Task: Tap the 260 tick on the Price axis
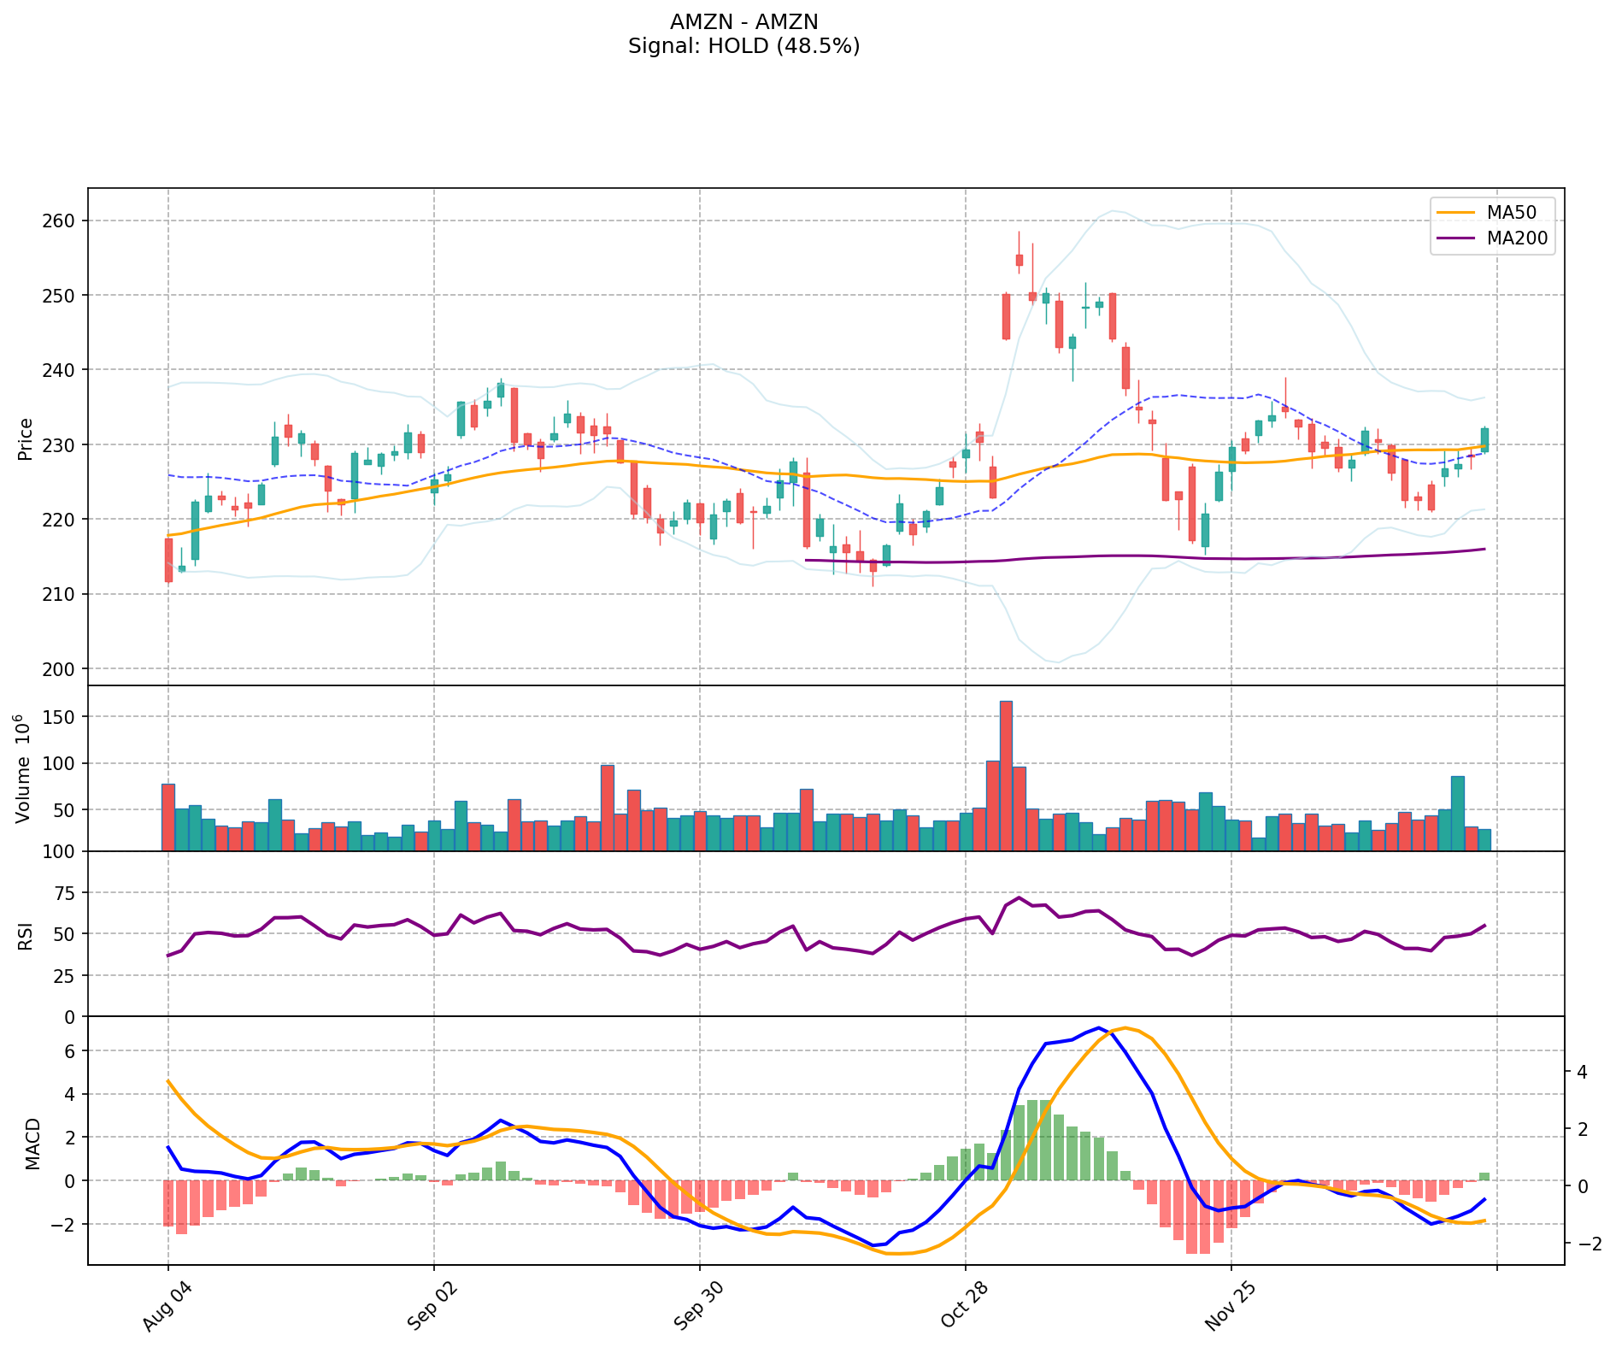(x=63, y=221)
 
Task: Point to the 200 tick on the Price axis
(x=63, y=668)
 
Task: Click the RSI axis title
(x=26, y=935)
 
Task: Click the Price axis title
(x=26, y=438)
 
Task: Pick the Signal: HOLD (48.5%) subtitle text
(x=743, y=46)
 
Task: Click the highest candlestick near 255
(x=1019, y=260)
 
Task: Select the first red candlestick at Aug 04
(x=168, y=560)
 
